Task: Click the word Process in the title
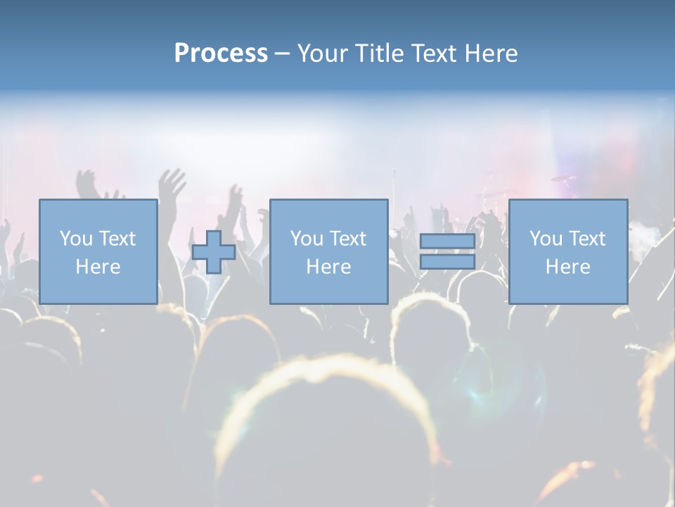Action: tap(221, 54)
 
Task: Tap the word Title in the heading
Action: tap(378, 54)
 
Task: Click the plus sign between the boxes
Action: tap(214, 252)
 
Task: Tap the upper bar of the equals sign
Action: tap(447, 242)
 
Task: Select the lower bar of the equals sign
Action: tap(447, 262)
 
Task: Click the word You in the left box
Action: tap(75, 239)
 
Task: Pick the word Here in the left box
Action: tap(98, 267)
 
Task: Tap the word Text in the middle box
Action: tap(348, 239)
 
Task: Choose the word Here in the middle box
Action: tap(328, 267)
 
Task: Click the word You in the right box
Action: tap(545, 239)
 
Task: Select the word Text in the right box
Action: tap(587, 239)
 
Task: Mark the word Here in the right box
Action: tap(567, 267)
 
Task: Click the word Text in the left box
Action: tap(117, 239)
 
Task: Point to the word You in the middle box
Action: tap(306, 239)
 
